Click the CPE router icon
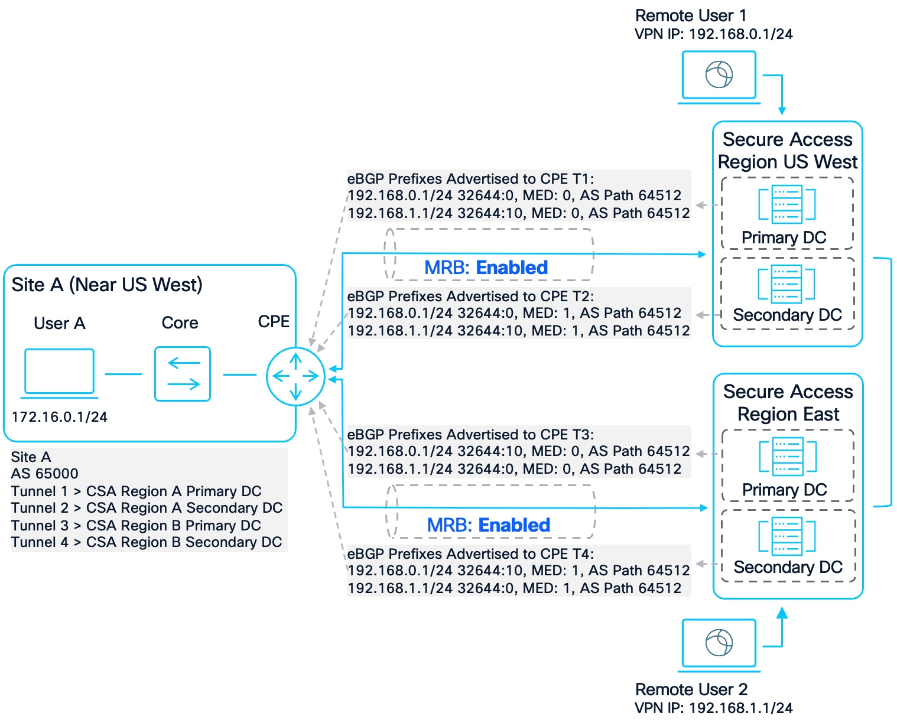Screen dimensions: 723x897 [x=295, y=376]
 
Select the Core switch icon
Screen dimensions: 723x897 [x=183, y=374]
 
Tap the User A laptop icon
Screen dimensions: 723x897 [x=59, y=373]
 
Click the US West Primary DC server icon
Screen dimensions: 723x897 [x=786, y=204]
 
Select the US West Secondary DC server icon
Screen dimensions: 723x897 [x=786, y=284]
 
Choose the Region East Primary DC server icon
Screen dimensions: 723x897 [x=788, y=456]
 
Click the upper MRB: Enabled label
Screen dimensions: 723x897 [x=486, y=268]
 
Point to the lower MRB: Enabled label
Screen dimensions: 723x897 [x=488, y=525]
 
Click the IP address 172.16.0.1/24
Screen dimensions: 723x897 [x=59, y=417]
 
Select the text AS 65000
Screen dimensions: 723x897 [x=44, y=474]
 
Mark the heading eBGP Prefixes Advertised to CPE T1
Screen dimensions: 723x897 [x=470, y=179]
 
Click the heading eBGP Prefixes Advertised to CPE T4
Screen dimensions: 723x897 [x=470, y=554]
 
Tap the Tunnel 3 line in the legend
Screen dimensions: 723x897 [x=136, y=526]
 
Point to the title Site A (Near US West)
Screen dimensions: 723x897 [x=107, y=285]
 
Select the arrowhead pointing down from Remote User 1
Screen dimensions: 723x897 [x=782, y=110]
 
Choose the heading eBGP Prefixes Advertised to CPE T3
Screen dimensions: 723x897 [x=470, y=435]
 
